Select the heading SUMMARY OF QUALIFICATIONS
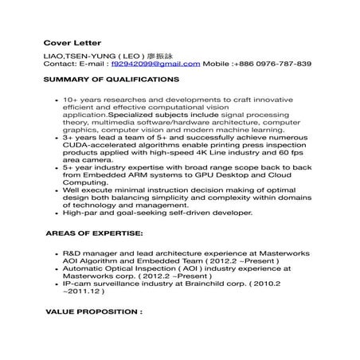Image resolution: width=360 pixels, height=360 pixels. coord(112,81)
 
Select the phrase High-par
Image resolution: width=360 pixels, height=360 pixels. coord(79,213)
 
